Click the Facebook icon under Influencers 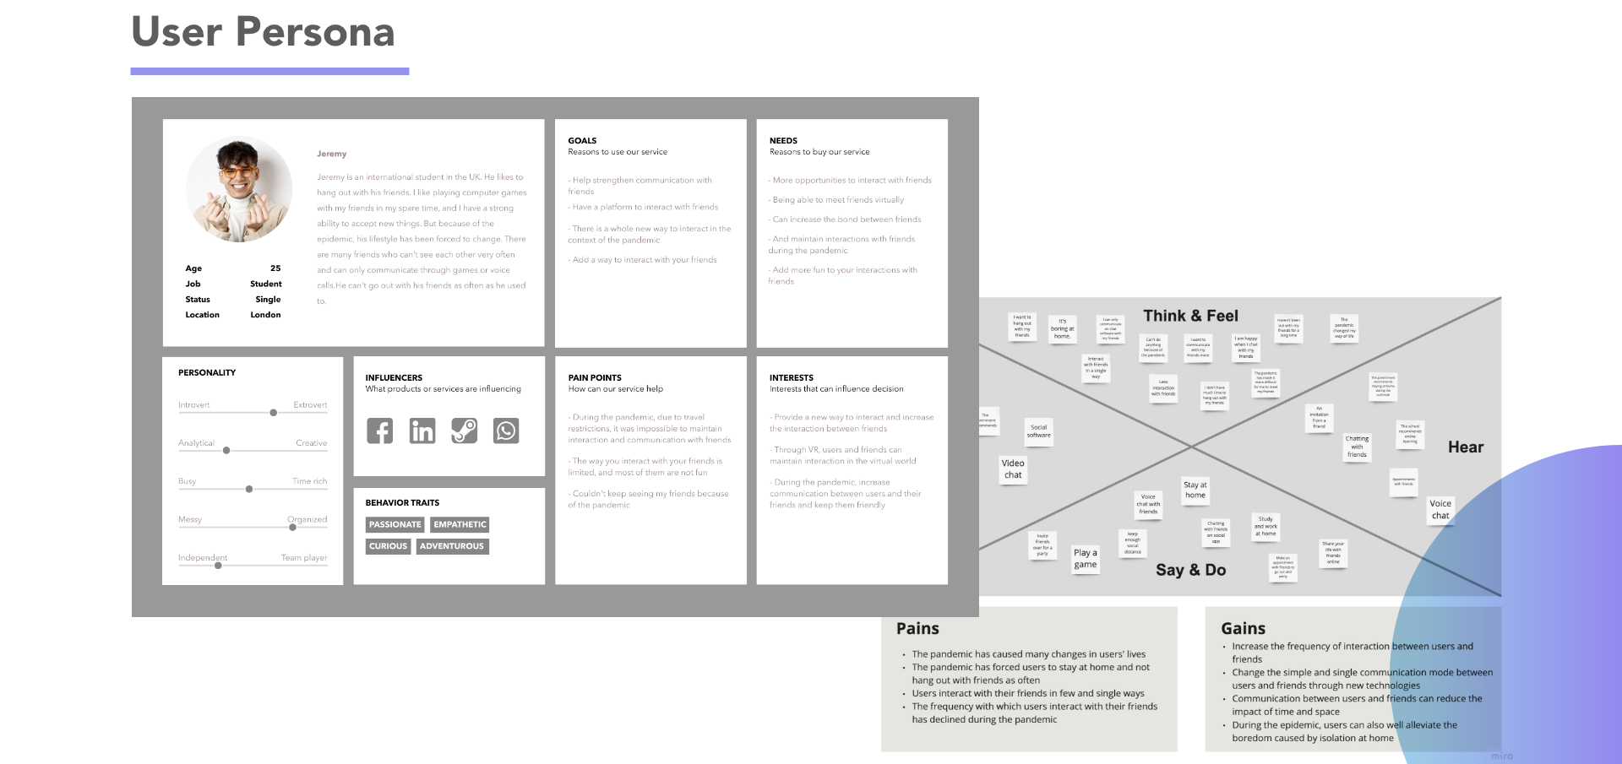click(x=380, y=431)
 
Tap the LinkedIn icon click(x=422, y=431)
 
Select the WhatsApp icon click(x=506, y=431)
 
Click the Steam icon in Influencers click(x=464, y=431)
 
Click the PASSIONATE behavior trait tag click(x=395, y=524)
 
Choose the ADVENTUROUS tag click(x=452, y=546)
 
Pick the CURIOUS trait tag click(x=388, y=546)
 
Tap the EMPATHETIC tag click(x=460, y=524)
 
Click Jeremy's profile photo click(x=239, y=189)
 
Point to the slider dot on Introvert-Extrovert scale click(x=273, y=413)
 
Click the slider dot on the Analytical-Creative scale click(x=226, y=451)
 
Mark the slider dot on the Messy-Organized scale click(x=292, y=528)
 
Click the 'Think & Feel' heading click(x=1190, y=316)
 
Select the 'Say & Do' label click(x=1190, y=570)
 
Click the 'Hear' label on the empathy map click(x=1465, y=447)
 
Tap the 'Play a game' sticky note click(x=1086, y=559)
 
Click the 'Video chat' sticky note click(x=1013, y=469)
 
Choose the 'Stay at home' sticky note click(x=1195, y=490)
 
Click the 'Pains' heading click(x=917, y=628)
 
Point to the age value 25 click(x=275, y=268)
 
